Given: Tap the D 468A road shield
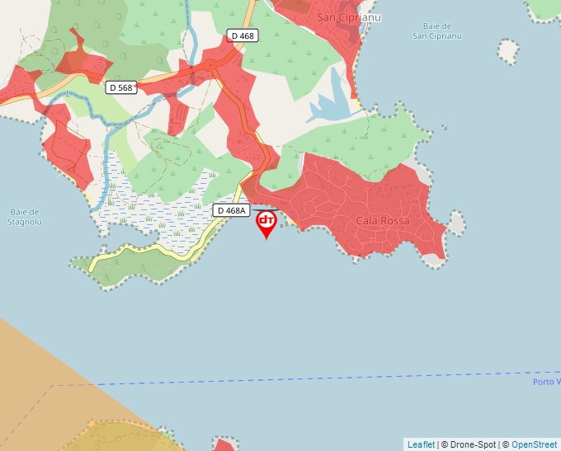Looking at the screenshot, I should (232, 210).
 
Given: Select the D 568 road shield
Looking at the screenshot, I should (120, 87).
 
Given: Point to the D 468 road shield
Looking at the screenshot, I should (243, 35).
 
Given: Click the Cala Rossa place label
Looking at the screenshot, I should (383, 221).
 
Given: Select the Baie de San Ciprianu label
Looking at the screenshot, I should (437, 31).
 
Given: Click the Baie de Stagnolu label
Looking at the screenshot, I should (24, 217).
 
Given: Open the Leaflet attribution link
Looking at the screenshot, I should (421, 444).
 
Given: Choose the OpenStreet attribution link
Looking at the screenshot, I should (535, 444).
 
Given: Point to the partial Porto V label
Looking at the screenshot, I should (546, 382).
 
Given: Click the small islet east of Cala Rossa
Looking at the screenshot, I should (456, 223).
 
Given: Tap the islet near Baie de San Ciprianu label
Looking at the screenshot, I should (509, 52).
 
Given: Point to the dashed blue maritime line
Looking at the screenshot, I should (330, 378).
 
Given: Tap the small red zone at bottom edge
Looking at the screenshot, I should (223, 445).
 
